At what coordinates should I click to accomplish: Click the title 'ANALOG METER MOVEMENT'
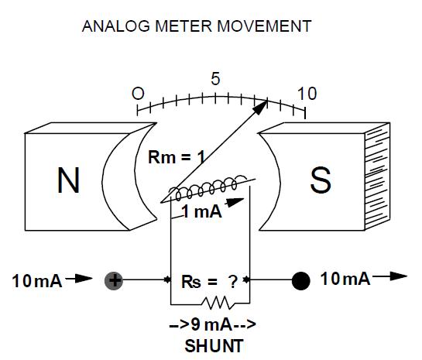tap(197, 26)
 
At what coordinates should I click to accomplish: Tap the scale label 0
tap(138, 94)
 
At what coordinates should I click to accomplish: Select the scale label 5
tap(215, 79)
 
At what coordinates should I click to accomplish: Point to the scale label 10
tap(307, 94)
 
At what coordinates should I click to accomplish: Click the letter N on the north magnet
tap(68, 180)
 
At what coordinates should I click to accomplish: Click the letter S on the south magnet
tap(321, 180)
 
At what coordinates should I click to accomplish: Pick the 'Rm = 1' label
tap(175, 158)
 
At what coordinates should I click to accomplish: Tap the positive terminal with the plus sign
tap(114, 281)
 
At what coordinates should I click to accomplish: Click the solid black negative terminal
tap(300, 281)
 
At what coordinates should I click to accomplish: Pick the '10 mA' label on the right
tap(345, 279)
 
